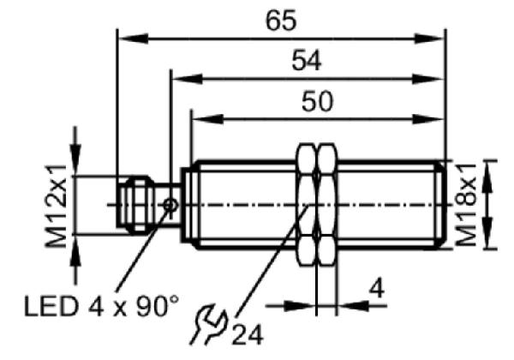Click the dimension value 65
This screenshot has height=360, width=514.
(281, 21)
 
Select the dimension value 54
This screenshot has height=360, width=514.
(307, 60)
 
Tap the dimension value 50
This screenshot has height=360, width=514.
(317, 101)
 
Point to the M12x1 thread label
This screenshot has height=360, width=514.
(56, 207)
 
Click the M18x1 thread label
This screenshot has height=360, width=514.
(466, 205)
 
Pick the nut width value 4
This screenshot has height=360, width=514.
(377, 289)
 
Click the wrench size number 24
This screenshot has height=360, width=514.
(248, 335)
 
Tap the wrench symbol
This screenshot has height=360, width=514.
(208, 324)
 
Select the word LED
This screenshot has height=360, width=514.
(51, 307)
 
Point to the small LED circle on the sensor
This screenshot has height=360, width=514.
(170, 206)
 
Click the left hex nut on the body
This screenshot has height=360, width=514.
(306, 204)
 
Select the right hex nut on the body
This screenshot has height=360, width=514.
(327, 204)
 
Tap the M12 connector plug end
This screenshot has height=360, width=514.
(135, 205)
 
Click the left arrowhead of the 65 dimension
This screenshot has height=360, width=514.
(133, 39)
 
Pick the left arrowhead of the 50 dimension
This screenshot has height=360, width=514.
(207, 119)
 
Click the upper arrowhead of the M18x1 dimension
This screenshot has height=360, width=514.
(488, 177)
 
